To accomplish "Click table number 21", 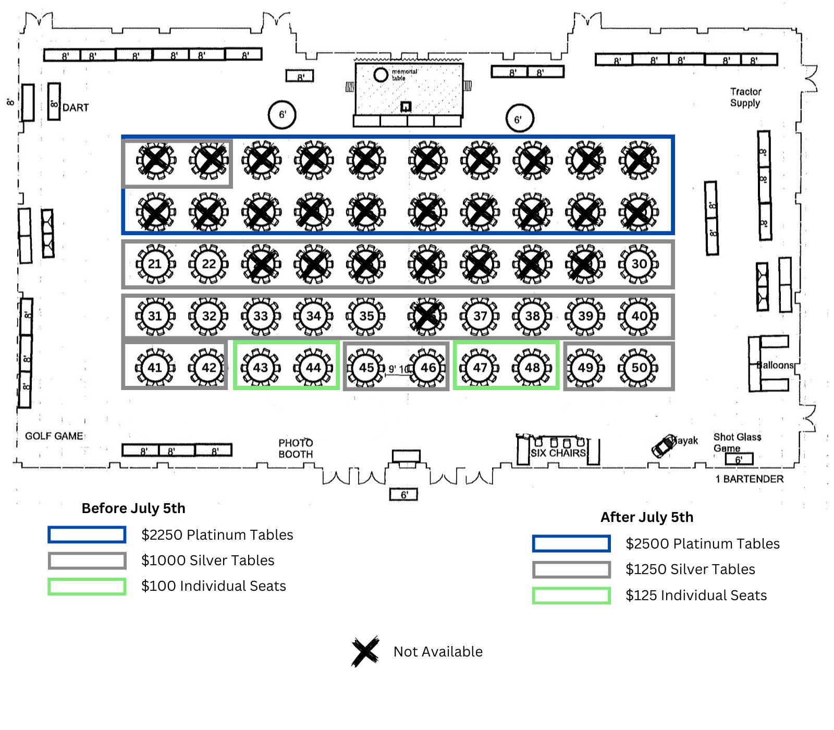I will (x=155, y=264).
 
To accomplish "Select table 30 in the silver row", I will (x=639, y=264).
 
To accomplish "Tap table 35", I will (x=366, y=316).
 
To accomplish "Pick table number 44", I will (x=313, y=368).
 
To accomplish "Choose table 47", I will (x=480, y=368).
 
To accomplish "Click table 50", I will (x=639, y=368).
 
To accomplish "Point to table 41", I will (x=155, y=368).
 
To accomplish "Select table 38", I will (x=532, y=316).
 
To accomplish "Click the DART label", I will (x=76, y=108).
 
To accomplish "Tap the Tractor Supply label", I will (x=745, y=98).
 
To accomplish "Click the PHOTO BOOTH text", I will (x=296, y=448).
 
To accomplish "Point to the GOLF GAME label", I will (x=54, y=436).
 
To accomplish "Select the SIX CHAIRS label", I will (x=558, y=453).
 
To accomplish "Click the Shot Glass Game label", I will (x=737, y=442).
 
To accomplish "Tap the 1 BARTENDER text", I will (x=749, y=479).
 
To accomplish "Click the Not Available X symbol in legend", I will (x=365, y=651).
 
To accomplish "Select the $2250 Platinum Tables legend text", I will (x=217, y=534).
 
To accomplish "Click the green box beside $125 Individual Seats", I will (x=571, y=595).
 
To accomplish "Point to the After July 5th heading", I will (x=647, y=517).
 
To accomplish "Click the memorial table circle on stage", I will (x=381, y=75).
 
